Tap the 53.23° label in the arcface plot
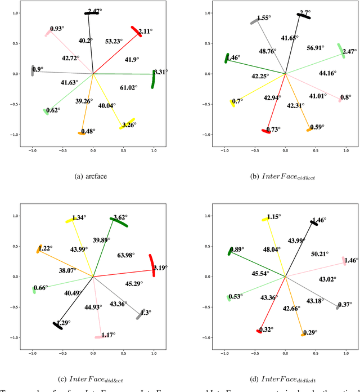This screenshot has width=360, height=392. pyautogui.click(x=115, y=41)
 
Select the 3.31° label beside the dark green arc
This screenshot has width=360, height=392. pyautogui.click(x=161, y=72)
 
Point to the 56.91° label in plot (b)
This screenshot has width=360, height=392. pyautogui.click(x=315, y=48)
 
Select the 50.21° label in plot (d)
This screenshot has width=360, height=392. pyautogui.click(x=322, y=239)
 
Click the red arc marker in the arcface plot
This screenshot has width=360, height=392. pyautogui.click(x=136, y=32)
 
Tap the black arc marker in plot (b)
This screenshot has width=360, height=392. pyautogui.click(x=304, y=16)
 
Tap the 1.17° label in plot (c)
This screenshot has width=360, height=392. pyautogui.click(x=107, y=335)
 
